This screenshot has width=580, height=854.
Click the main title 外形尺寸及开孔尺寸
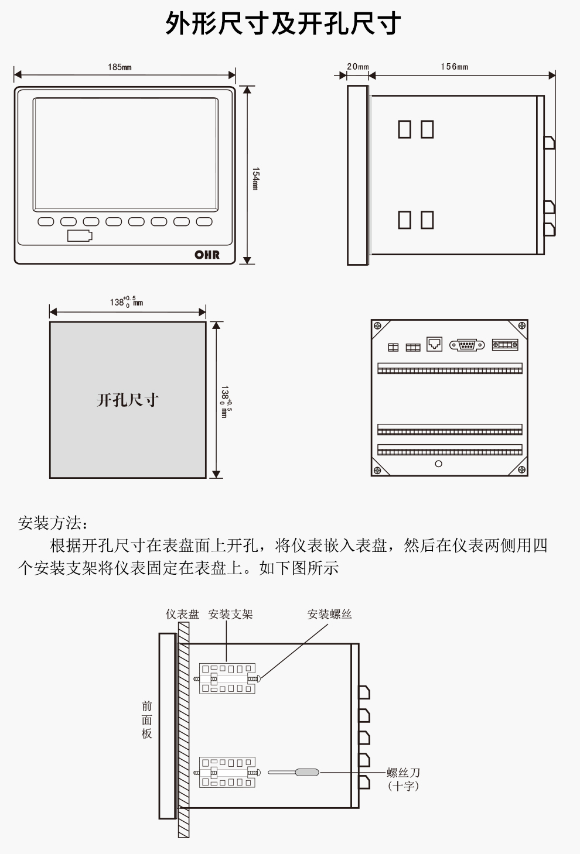[x=283, y=24]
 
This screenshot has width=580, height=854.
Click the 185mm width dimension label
[x=120, y=67]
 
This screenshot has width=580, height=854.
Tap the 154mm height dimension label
[x=255, y=179]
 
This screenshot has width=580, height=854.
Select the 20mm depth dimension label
[x=357, y=67]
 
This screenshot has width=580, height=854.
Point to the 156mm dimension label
[x=454, y=67]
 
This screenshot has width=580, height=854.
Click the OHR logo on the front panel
[x=207, y=255]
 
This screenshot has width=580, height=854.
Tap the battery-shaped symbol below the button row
[x=80, y=236]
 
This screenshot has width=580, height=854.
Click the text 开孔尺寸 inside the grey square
[x=128, y=400]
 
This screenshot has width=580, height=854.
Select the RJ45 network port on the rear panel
[x=434, y=344]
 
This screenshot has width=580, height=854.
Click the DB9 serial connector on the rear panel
[x=467, y=345]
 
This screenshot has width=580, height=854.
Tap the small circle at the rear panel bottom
[x=439, y=464]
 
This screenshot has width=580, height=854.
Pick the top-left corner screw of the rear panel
[x=378, y=326]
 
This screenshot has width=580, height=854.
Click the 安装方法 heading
[x=53, y=523]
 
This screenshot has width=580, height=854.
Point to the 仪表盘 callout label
[x=182, y=614]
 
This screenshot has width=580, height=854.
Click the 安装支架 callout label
[x=230, y=614]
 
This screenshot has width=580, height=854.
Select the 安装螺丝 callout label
[x=329, y=614]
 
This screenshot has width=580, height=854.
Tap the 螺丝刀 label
[x=404, y=773]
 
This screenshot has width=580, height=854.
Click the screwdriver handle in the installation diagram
[x=307, y=773]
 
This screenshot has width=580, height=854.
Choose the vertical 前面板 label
[x=147, y=720]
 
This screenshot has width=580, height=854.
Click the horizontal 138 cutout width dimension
[x=126, y=302]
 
